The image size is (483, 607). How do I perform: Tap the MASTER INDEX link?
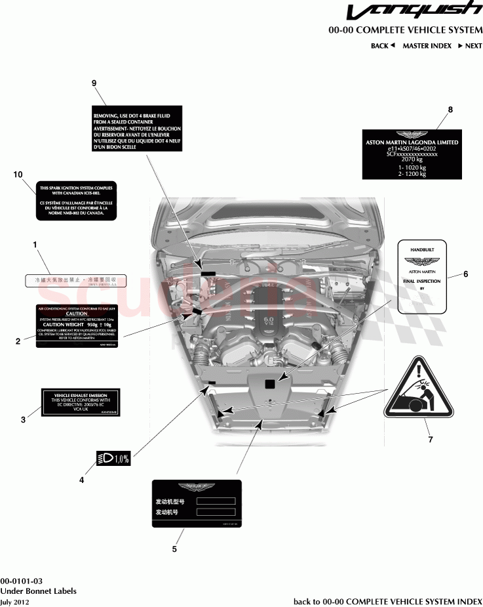[427, 46]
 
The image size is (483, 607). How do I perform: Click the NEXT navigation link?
[470, 46]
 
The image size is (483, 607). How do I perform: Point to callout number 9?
[94, 83]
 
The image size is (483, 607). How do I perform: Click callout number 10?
[18, 174]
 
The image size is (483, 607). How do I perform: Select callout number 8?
[450, 109]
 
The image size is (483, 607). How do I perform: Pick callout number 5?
[174, 549]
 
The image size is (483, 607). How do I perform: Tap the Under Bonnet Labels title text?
[38, 591]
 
